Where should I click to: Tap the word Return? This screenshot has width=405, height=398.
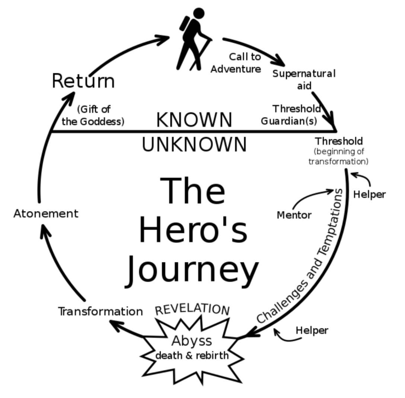pos(83,81)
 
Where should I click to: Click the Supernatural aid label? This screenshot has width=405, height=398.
pos(303,79)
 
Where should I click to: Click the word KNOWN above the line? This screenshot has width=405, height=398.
pos(194,119)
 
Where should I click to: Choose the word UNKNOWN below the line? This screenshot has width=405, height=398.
pos(194,145)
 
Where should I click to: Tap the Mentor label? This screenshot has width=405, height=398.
pos(294,214)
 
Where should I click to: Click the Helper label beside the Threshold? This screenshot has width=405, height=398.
pos(369,194)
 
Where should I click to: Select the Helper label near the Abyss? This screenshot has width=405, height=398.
pos(312,330)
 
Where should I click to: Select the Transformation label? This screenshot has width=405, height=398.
pos(100,311)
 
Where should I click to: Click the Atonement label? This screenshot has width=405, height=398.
pos(46,213)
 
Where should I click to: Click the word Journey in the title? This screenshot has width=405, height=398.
pos(192,269)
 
